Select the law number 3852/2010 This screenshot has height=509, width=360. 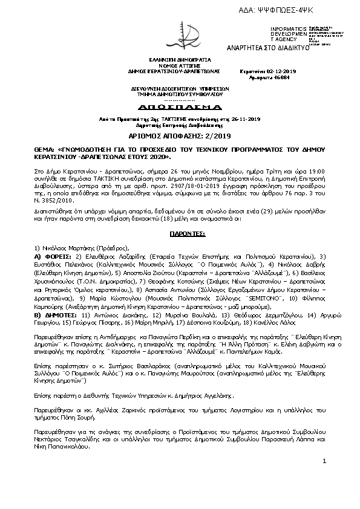click(58, 190)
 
